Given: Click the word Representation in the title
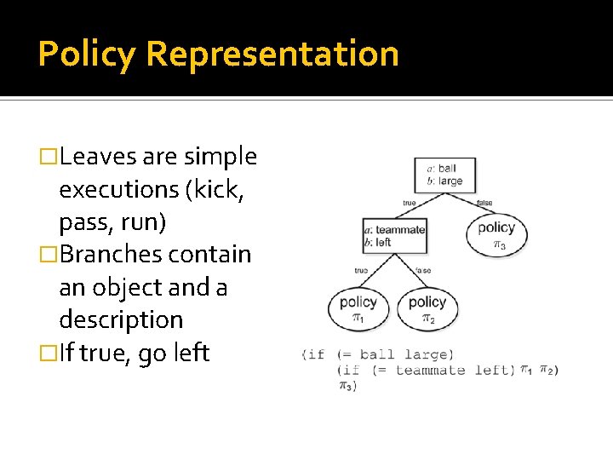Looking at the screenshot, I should [x=272, y=54].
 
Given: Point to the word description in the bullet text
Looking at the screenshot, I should [x=121, y=320].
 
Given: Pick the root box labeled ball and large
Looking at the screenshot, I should [x=444, y=175].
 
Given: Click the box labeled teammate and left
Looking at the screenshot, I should [x=393, y=236].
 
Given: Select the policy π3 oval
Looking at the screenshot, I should [x=496, y=233].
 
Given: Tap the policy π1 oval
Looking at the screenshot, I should [x=358, y=308].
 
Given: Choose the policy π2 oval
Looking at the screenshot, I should [x=427, y=308].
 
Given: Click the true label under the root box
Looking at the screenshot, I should [x=409, y=204].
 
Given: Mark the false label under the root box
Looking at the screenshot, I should [x=484, y=204].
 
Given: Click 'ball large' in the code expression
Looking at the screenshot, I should [x=406, y=354].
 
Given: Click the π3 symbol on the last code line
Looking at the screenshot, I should [x=346, y=386].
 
